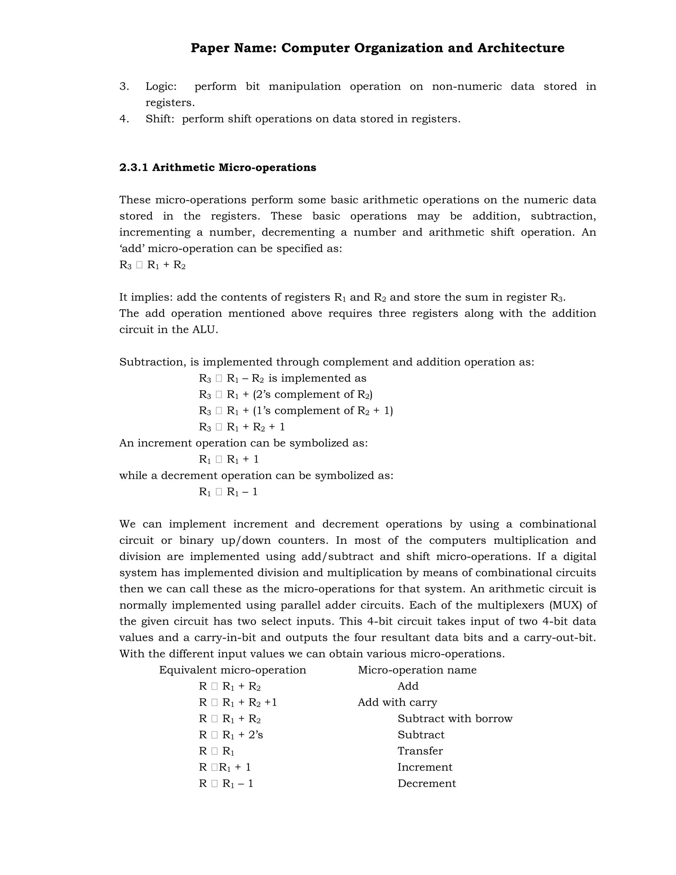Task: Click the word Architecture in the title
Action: [521, 48]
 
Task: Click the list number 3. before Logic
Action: [124, 87]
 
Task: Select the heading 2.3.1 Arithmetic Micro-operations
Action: [218, 167]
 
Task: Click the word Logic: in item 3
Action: [161, 87]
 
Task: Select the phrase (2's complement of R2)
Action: [312, 395]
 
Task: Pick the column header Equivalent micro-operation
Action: [232, 670]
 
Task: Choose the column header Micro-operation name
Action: [417, 670]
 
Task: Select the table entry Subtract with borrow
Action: [455, 718]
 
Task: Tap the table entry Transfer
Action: [420, 751]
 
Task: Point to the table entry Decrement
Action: [426, 783]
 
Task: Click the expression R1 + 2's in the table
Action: [242, 735]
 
